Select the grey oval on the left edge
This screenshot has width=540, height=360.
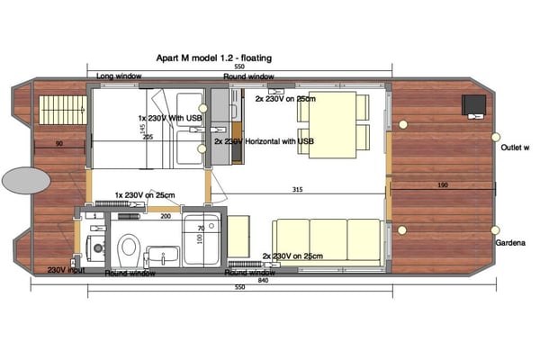coord(25,180)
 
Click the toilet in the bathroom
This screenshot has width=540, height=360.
coord(129,245)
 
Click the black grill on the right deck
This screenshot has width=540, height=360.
coord(473,105)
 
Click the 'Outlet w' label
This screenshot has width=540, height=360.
coord(514,147)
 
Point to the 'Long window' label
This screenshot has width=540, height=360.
coord(119,76)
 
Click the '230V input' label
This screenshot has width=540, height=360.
coord(66,269)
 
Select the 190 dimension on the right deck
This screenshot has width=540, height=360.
coord(442,184)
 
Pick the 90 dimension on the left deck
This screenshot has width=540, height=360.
coord(58,144)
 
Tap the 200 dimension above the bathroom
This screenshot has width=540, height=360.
coord(166,217)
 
